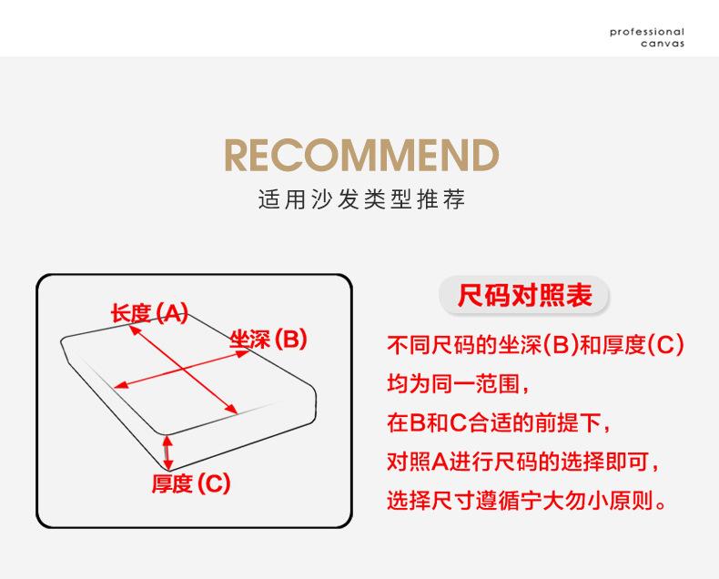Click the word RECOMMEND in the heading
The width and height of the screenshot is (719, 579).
(361, 155)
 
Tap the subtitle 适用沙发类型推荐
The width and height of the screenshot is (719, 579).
(361, 199)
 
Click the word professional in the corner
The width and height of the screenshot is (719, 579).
(647, 32)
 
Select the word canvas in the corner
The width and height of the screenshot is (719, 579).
(663, 44)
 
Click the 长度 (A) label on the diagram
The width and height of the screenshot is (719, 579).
(149, 314)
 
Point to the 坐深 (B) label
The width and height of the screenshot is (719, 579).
(268, 340)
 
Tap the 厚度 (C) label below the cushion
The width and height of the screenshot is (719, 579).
(191, 483)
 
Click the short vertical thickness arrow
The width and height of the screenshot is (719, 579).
(167, 452)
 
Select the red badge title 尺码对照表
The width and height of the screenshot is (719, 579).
(524, 295)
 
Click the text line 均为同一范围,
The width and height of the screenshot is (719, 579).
(458, 383)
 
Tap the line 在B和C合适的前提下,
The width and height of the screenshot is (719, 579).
(499, 422)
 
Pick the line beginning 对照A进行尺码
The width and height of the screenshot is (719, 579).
(523, 461)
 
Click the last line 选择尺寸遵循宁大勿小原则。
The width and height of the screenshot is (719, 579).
(526, 500)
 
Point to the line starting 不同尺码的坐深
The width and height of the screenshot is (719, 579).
(535, 344)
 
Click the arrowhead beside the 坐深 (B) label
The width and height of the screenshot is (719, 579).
(242, 354)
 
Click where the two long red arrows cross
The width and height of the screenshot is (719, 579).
(184, 370)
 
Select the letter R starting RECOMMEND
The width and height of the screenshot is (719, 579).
(236, 155)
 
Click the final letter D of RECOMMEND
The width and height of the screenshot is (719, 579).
(486, 155)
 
